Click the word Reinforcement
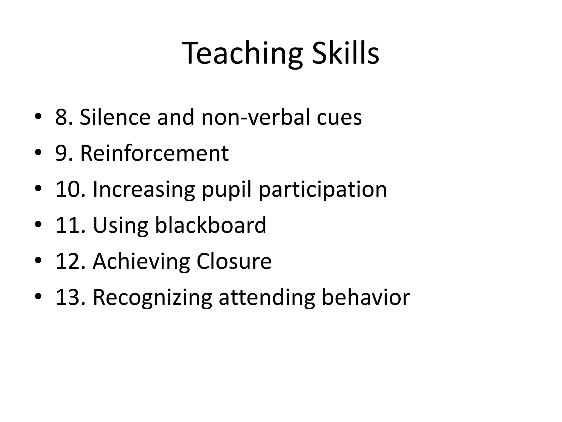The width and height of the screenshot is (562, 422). (154, 153)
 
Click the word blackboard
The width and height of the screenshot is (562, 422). (210, 225)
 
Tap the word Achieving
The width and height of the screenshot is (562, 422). (141, 262)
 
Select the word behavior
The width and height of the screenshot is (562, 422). (366, 297)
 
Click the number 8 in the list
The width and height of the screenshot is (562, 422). (62, 117)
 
